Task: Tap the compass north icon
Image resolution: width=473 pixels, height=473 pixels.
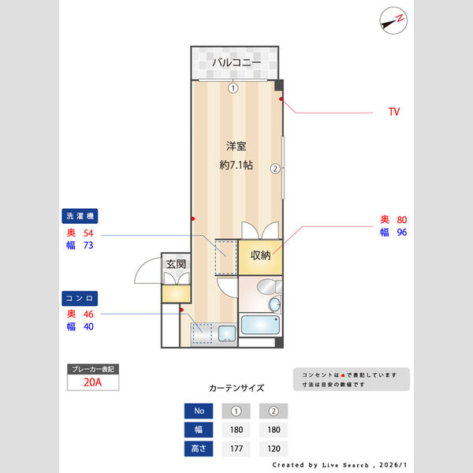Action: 393,20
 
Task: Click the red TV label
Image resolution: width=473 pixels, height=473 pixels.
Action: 393,112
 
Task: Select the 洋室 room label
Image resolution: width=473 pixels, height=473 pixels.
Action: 236,146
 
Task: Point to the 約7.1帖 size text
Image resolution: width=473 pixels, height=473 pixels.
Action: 236,165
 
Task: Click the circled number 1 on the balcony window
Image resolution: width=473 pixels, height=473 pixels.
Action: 233,88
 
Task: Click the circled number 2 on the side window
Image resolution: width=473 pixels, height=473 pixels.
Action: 275,168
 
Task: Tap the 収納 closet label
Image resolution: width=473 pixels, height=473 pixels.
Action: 261,255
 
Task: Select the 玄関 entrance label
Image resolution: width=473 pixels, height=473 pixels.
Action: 175,265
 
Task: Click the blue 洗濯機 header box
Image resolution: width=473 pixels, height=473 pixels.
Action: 82,216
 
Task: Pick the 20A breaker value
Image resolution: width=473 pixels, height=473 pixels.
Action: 92,383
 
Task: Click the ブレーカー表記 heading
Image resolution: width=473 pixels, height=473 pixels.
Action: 92,369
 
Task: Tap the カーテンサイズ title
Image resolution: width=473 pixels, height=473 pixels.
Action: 236,388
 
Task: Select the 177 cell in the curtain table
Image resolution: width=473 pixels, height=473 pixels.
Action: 236,449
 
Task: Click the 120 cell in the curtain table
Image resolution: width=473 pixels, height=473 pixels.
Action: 274,449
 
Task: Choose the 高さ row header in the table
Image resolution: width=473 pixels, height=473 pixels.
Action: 199,449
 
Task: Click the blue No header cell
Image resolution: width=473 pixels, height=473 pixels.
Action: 199,411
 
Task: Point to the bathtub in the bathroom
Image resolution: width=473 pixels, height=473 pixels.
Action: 259,325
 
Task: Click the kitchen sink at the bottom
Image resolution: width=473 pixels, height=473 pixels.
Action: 227,334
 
